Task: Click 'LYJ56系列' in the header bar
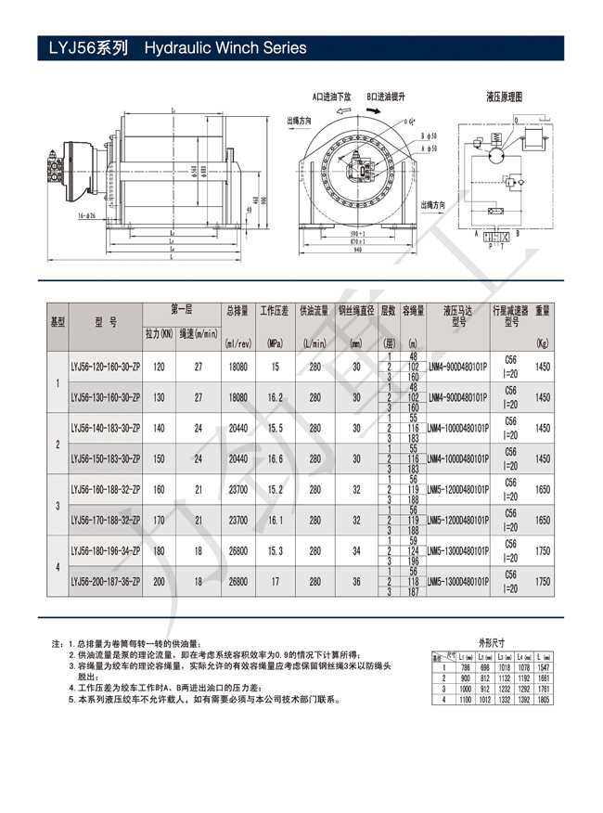pyautogui.click(x=84, y=48)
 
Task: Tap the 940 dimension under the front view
pyautogui.click(x=355, y=250)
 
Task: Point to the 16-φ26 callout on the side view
pyautogui.click(x=87, y=215)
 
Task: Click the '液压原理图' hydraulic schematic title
pyautogui.click(x=505, y=96)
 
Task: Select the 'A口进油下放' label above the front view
pyautogui.click(x=331, y=97)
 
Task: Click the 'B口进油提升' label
pyautogui.click(x=386, y=97)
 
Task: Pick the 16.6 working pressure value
pyautogui.click(x=274, y=458)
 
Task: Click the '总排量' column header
pyautogui.click(x=237, y=310)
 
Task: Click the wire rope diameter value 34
pyautogui.click(x=356, y=550)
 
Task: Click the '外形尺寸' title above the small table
pyautogui.click(x=493, y=641)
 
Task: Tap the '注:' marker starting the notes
pyautogui.click(x=58, y=643)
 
